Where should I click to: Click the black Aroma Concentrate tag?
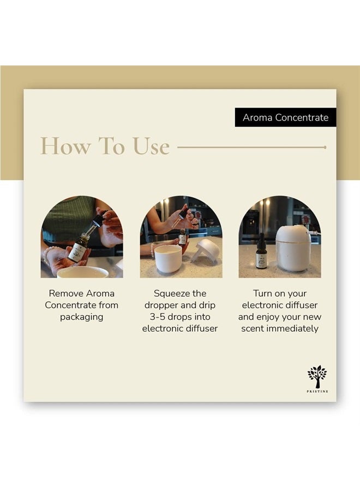pyautogui.click(x=285, y=117)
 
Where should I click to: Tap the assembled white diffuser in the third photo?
pyautogui.click(x=293, y=248)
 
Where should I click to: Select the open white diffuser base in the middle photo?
pyautogui.click(x=167, y=259)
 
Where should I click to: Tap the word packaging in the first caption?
pyautogui.click(x=82, y=317)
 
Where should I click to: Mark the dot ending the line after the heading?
pyautogui.click(x=325, y=147)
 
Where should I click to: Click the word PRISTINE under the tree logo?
pyautogui.click(x=317, y=391)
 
